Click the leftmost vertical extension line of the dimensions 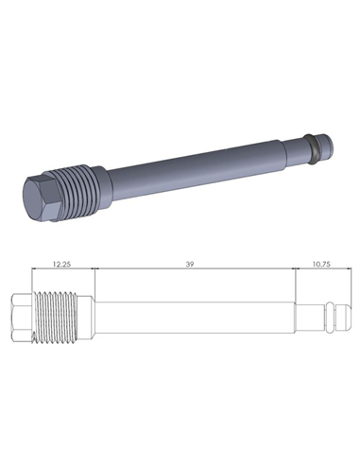pyautogui.click(x=32, y=284)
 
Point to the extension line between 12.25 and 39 pyautogui.click(x=93, y=284)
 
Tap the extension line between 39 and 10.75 pyautogui.click(x=294, y=284)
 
